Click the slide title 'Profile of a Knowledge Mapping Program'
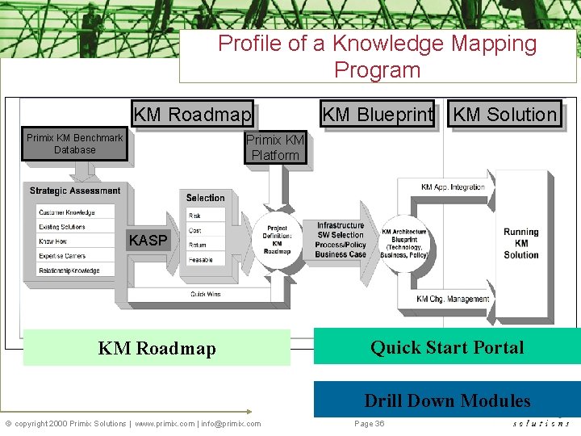point(378,56)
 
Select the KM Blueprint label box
point(378,115)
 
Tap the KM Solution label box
point(505,115)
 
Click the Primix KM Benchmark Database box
point(74,145)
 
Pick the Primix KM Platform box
point(275,148)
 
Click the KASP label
point(148,241)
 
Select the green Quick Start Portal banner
point(447,347)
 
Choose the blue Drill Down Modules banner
point(447,400)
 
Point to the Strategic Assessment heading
point(75,191)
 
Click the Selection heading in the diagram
point(206,198)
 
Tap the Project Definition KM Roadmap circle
point(277,240)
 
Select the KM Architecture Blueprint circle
point(404,240)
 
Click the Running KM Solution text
point(521,243)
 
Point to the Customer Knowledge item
point(66,213)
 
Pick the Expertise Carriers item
point(61,256)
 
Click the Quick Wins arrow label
point(206,295)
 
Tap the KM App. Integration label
point(453,187)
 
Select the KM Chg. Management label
point(453,300)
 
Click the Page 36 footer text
point(369,423)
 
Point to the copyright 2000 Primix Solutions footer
point(133,423)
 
